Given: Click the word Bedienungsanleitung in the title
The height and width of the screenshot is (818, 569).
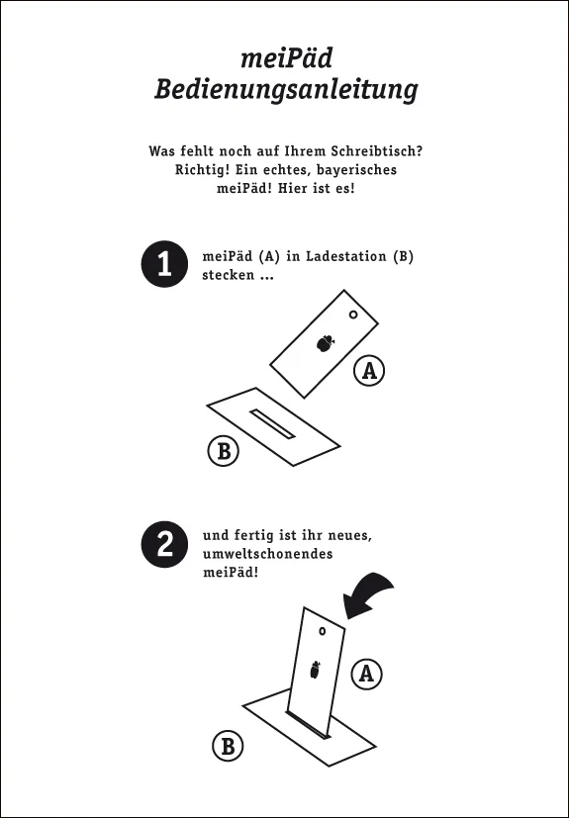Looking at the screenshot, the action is click(286, 90).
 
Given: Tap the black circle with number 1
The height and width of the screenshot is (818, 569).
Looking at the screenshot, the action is click(164, 264).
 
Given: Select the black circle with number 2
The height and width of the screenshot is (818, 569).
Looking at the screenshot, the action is click(164, 544).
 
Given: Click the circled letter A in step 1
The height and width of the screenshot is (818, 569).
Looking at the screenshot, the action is click(369, 370).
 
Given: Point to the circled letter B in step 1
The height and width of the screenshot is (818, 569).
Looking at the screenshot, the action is click(224, 450).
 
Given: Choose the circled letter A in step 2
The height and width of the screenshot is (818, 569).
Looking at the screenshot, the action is click(366, 674).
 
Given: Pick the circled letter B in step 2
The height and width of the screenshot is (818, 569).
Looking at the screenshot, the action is click(229, 746).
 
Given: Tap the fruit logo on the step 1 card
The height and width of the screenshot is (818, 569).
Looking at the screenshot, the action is click(326, 343).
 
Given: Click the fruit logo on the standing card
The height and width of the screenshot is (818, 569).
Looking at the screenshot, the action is click(316, 670).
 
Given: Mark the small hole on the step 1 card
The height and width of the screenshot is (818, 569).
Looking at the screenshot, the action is click(353, 315).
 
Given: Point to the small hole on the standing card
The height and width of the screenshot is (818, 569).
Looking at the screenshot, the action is click(322, 631).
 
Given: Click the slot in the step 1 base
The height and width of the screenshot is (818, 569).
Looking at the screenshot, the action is click(272, 424).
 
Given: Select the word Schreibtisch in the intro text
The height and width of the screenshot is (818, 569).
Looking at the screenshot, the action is click(356, 151).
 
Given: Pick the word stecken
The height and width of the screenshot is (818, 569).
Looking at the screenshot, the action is click(229, 275).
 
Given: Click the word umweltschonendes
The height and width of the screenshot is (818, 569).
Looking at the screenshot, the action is click(267, 554).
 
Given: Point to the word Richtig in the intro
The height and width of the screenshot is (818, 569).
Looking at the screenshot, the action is click(203, 170).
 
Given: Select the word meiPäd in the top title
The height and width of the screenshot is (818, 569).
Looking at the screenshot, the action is click(286, 58).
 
